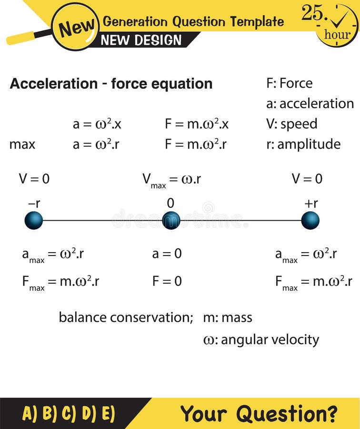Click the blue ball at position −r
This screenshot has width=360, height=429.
tap(34, 221)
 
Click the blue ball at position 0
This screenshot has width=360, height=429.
tap(171, 221)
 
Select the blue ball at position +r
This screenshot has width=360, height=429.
tap(310, 221)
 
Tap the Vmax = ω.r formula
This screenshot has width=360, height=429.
tap(171, 180)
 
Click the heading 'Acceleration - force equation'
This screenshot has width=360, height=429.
tap(111, 83)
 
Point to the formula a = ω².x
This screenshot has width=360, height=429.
tap(97, 124)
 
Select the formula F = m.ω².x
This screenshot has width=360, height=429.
tap(197, 124)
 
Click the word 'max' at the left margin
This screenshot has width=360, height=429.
tap(22, 144)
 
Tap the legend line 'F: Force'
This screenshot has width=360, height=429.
tap(290, 83)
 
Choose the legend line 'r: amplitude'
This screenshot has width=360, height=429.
tap(303, 144)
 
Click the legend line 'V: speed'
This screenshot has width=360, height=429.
tap(291, 124)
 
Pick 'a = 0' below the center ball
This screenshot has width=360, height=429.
tap(167, 254)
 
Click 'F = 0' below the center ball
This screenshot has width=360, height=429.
tap(167, 281)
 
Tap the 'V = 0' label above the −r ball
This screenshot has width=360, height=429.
tap(34, 179)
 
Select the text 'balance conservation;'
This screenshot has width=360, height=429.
tap(126, 317)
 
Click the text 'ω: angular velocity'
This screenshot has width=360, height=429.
tap(261, 340)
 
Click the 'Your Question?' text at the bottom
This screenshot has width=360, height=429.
tap(259, 413)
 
